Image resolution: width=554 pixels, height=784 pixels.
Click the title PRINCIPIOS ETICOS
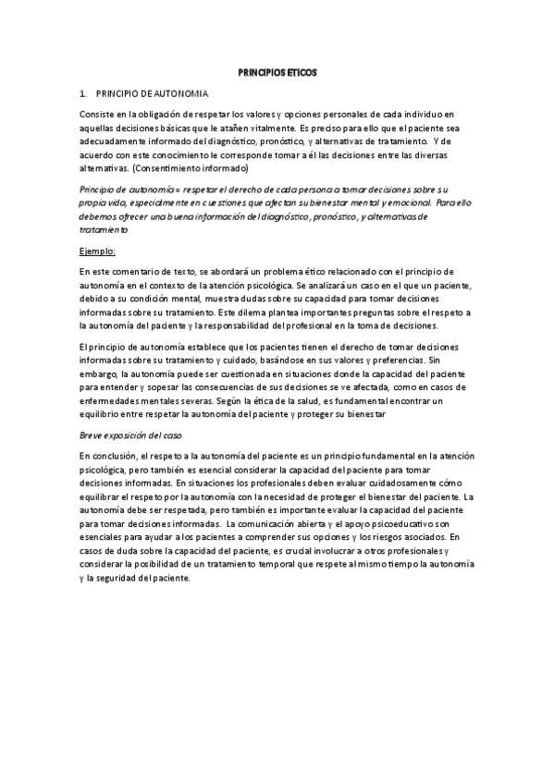coord(277,71)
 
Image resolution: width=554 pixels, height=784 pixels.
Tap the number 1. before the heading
coord(83,94)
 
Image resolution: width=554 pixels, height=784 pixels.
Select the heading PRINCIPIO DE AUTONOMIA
coord(153,94)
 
